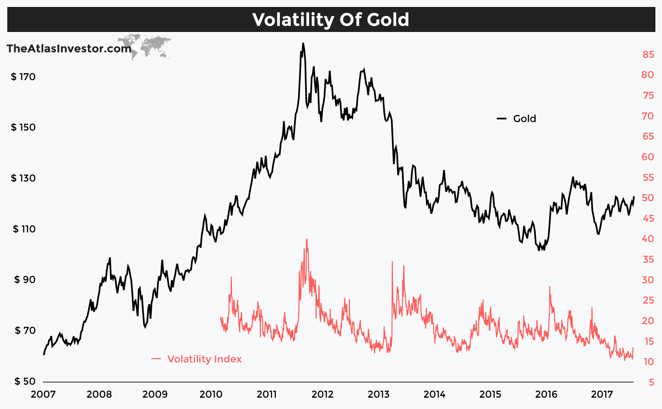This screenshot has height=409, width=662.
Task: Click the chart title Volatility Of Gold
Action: coord(331,20)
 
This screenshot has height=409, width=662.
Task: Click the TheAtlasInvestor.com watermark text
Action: coord(69,49)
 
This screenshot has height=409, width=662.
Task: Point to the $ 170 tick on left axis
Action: coord(23,77)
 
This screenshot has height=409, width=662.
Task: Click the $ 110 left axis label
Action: coord(24,229)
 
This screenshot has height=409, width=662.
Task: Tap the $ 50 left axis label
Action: coord(25,381)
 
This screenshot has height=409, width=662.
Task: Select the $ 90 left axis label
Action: coord(25,280)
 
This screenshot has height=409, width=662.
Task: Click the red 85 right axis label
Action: coord(648,55)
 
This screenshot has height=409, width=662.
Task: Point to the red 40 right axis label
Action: coord(648,239)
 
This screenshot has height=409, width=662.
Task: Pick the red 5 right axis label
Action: coord(651,382)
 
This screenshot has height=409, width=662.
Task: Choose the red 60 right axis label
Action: coord(648,157)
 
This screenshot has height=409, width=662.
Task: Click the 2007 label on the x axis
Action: coord(43,394)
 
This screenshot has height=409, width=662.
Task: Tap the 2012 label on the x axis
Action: coord(322,394)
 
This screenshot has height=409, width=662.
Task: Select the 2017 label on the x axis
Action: coord(602,394)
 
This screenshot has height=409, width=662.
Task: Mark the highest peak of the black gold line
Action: coord(303,44)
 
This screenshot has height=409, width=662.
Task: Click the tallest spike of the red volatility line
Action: coord(306,240)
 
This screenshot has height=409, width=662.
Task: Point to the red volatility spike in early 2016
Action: coord(550,287)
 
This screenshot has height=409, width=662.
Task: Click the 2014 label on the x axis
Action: coord(434,394)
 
